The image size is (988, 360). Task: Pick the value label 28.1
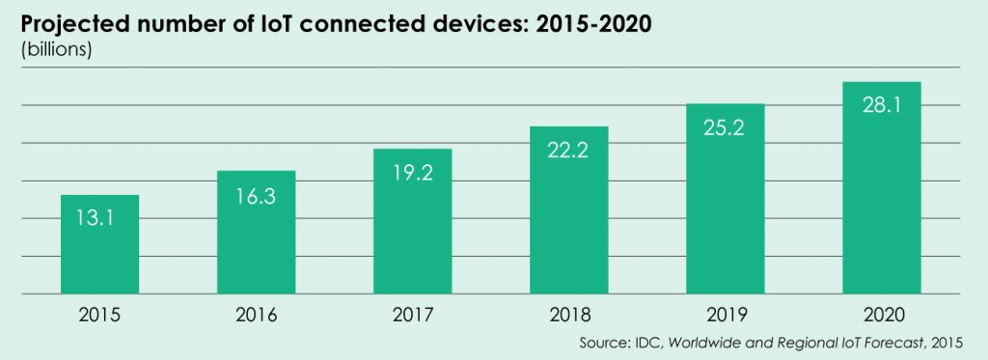coord(881,105)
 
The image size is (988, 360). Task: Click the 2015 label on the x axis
coord(99,315)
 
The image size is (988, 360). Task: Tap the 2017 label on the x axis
coord(412,315)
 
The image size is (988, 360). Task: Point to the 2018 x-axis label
coord(568,315)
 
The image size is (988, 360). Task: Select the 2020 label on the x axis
coord(881,315)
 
